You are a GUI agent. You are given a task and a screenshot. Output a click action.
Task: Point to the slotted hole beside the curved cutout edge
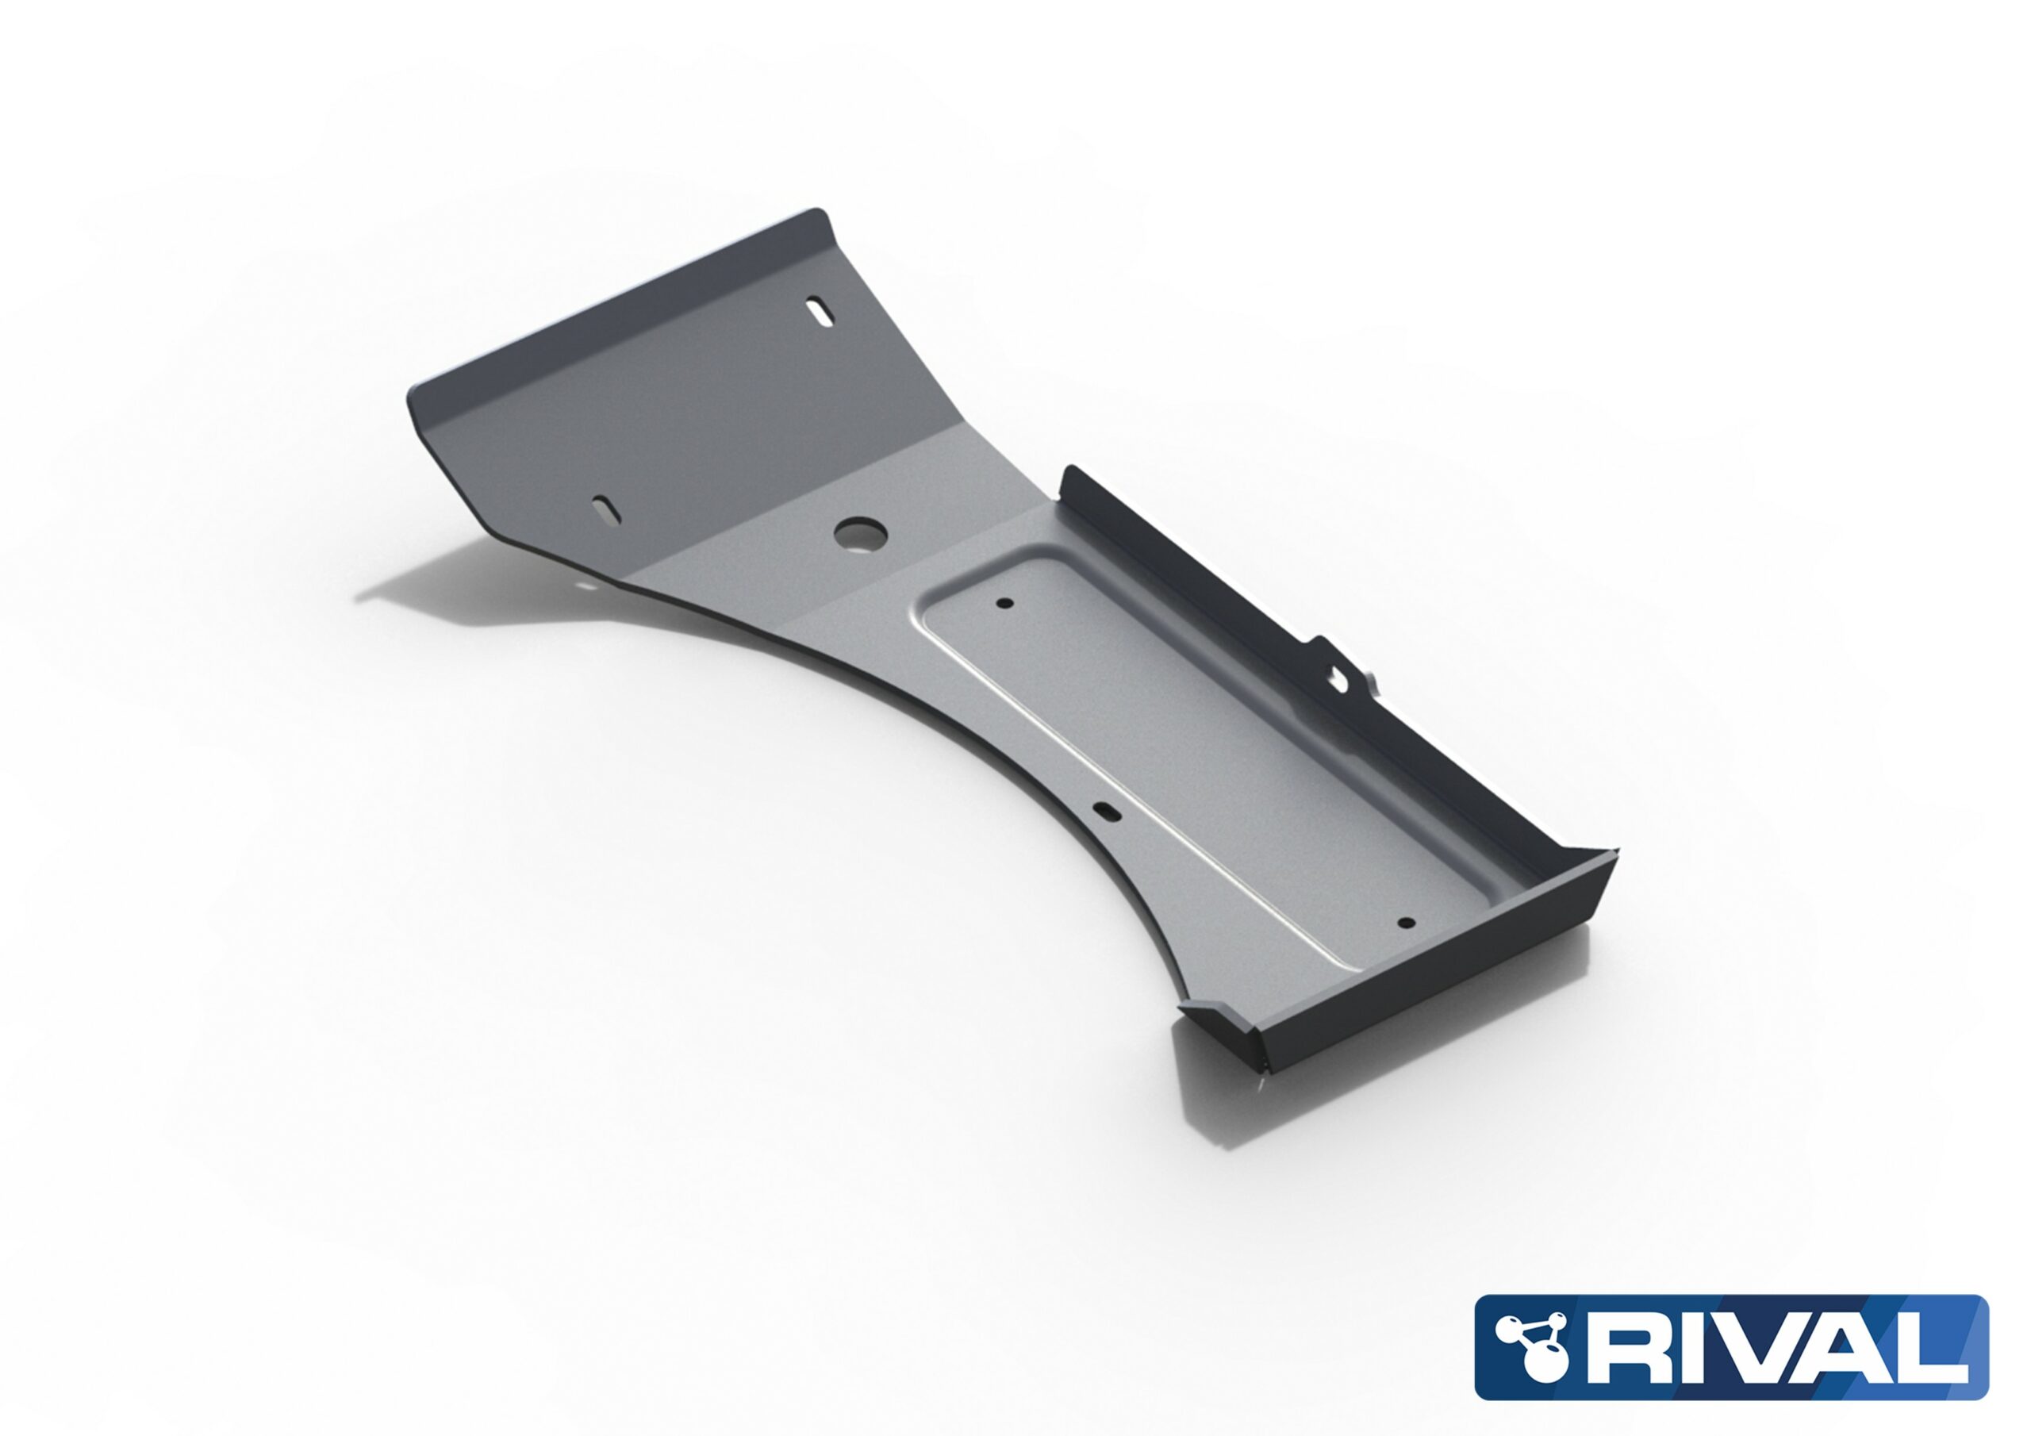pos(1106,808)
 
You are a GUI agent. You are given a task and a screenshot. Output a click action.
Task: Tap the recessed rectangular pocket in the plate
pos(1194,752)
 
